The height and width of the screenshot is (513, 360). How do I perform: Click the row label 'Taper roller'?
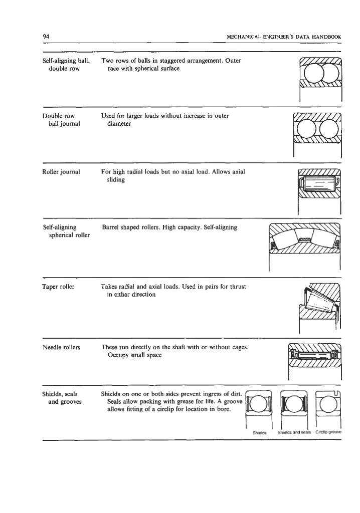coord(59,287)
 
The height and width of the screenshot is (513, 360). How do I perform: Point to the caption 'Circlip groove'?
coord(328,431)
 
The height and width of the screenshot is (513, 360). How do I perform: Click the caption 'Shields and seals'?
coord(295,431)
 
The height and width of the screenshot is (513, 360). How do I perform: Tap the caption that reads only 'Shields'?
coord(260,431)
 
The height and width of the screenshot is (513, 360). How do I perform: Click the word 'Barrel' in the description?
coord(112,227)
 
